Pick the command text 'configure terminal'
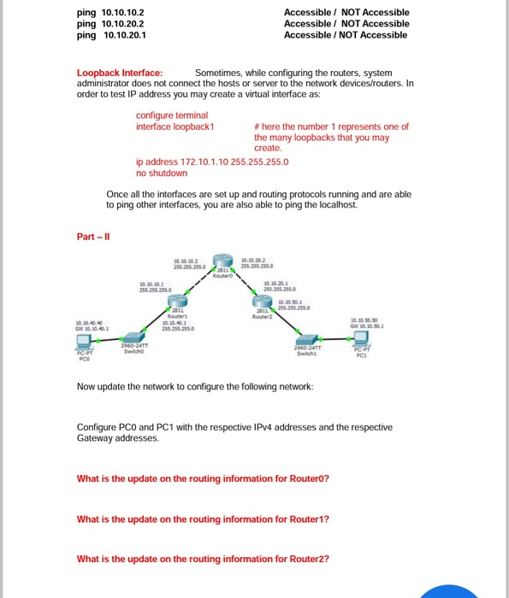click(x=172, y=115)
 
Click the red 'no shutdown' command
click(x=162, y=173)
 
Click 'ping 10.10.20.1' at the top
click(x=111, y=35)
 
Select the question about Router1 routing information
click(x=203, y=519)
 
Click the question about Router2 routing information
click(x=203, y=560)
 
